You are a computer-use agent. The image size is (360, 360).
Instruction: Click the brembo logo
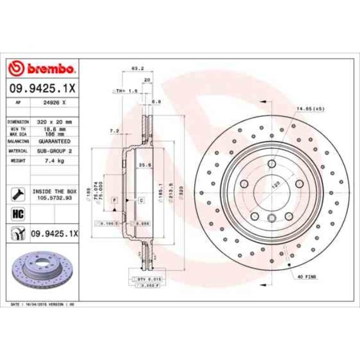click(43, 69)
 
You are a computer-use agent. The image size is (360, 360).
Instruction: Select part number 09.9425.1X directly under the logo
click(43, 88)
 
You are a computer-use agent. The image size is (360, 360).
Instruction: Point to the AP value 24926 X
click(55, 102)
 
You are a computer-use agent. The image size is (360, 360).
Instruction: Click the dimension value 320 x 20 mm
click(55, 121)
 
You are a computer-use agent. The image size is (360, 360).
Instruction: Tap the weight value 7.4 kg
click(55, 161)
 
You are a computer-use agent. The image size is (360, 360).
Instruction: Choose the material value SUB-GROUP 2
click(55, 150)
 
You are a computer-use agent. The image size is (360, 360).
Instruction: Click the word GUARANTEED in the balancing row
click(55, 141)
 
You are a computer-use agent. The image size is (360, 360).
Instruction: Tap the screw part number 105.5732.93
click(55, 196)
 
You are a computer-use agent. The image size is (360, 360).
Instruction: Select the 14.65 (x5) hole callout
click(310, 109)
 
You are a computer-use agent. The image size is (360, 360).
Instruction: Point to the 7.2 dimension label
click(115, 131)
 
